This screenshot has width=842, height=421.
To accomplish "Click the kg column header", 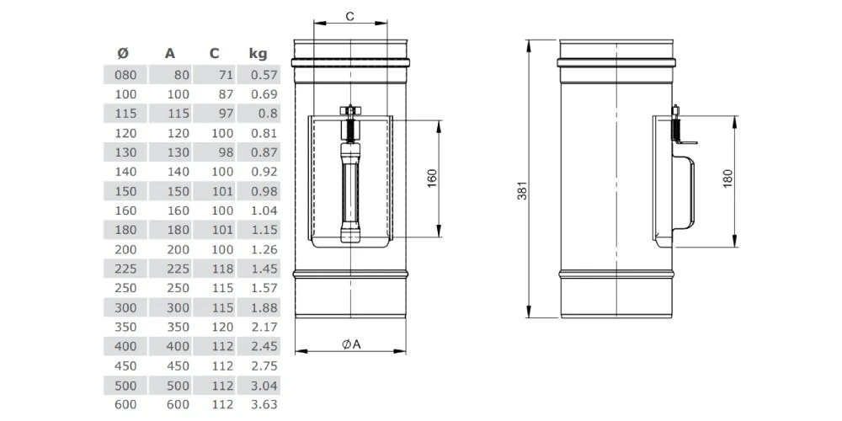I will [x=258, y=54].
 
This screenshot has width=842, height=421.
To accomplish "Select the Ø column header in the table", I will [x=123, y=54].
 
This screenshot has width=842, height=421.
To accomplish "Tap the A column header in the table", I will [x=170, y=54].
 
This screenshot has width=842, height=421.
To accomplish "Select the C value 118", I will [x=221, y=269].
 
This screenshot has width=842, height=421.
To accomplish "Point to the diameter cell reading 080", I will [x=123, y=75].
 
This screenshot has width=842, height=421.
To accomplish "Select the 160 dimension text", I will [x=432, y=179].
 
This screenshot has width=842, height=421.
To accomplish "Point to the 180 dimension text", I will [x=728, y=179].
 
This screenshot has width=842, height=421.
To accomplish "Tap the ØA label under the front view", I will [x=351, y=344].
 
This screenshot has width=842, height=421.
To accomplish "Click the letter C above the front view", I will [x=349, y=16].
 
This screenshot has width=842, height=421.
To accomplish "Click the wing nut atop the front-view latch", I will [x=349, y=110].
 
